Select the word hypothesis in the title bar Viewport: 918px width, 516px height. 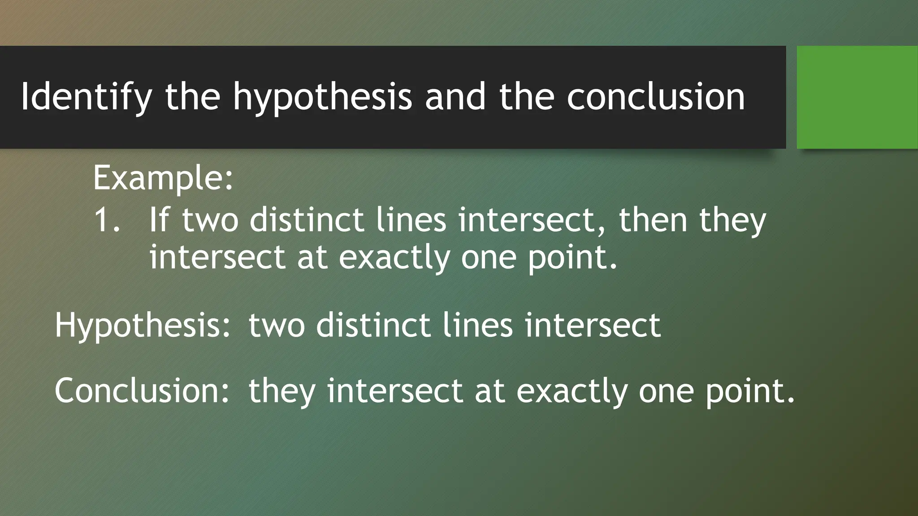click(x=322, y=97)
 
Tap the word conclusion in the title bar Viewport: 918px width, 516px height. click(x=655, y=97)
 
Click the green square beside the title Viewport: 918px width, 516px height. click(x=857, y=97)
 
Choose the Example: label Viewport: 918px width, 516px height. click(x=163, y=178)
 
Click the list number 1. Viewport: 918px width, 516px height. click(x=107, y=220)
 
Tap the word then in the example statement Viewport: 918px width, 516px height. click(x=653, y=220)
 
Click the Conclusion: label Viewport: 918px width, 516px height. click(x=142, y=391)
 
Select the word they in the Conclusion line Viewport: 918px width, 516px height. click(x=282, y=391)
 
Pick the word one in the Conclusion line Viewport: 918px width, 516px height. click(x=666, y=391)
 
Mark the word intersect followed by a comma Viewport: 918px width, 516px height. click(x=531, y=220)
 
